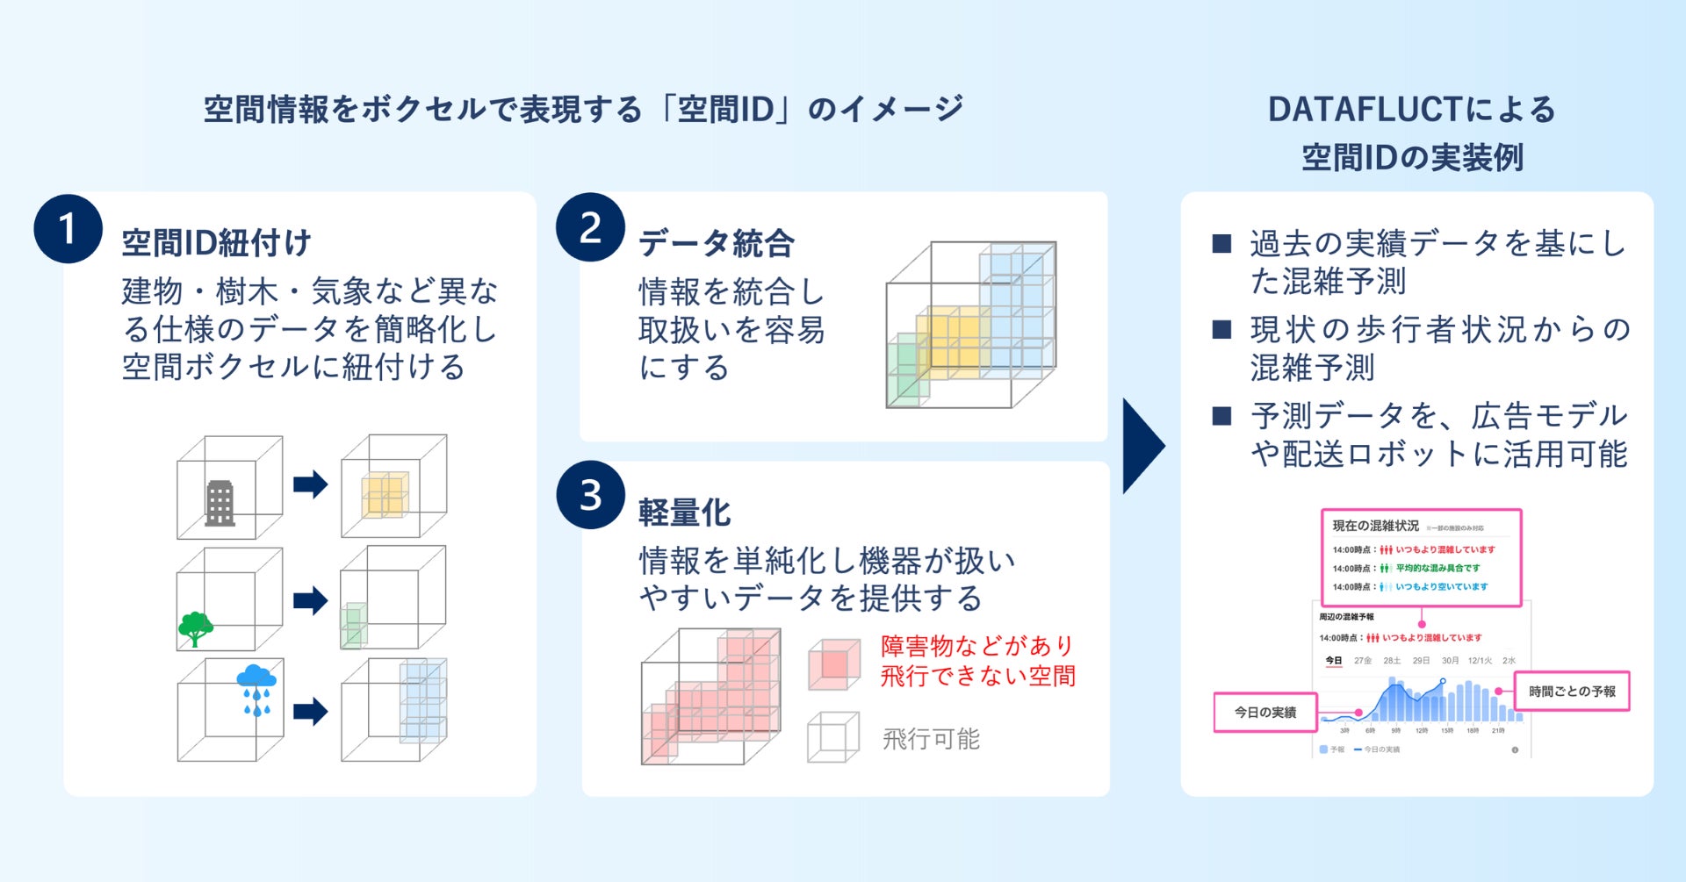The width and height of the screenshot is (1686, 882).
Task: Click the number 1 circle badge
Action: point(68,228)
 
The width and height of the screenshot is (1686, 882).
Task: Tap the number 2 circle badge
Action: point(590,227)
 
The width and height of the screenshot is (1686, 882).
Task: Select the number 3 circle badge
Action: point(590,495)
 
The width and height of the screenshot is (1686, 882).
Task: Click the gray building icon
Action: point(220,503)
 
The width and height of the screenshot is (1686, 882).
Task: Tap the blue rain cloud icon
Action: point(256,689)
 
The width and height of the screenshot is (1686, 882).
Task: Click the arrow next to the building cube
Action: point(310,484)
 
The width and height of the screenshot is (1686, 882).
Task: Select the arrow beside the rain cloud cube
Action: point(310,711)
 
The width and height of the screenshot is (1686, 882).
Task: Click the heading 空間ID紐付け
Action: point(216,243)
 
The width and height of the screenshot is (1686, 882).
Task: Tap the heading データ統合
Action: point(716,243)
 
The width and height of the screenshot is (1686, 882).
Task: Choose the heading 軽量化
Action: point(684,513)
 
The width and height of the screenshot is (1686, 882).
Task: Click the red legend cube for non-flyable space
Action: point(833,664)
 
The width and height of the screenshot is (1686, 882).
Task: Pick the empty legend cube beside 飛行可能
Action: point(832,737)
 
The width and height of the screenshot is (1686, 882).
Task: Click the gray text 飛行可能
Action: point(931,739)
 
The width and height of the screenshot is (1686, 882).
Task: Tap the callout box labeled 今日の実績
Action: point(1265,712)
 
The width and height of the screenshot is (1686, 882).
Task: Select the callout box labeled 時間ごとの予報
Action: point(1572,692)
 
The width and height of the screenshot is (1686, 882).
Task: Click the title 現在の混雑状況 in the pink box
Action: point(1375,526)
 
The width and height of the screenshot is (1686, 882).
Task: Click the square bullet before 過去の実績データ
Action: point(1221,243)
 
